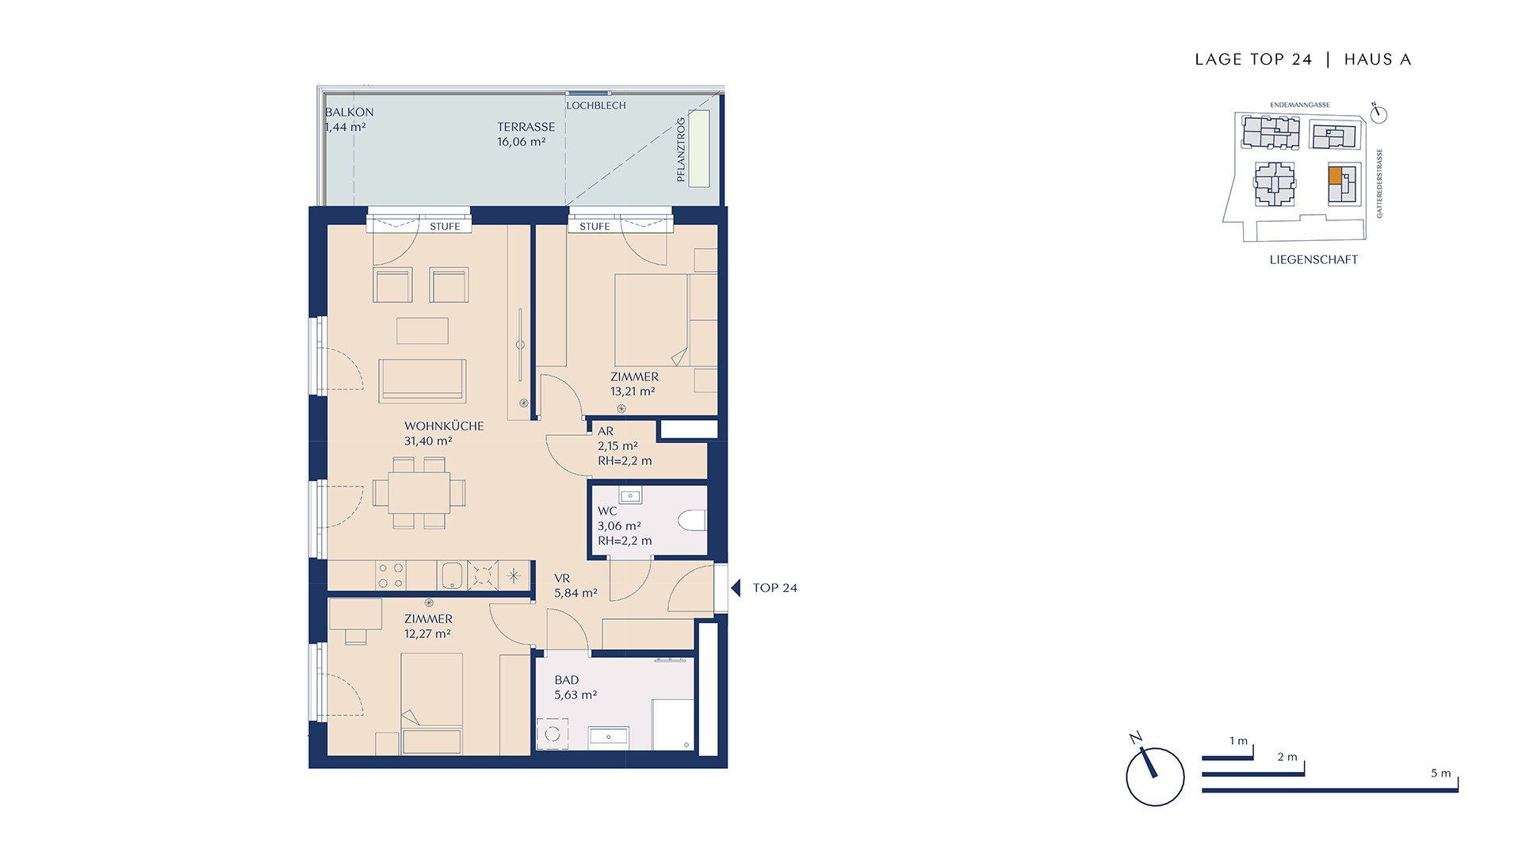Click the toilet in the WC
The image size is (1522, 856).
(693, 521)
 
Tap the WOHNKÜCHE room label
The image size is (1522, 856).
(444, 426)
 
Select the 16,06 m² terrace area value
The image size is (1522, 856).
(522, 142)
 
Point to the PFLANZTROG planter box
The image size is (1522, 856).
(699, 149)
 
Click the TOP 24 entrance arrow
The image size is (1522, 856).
(735, 588)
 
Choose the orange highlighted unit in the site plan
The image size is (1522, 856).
(1336, 175)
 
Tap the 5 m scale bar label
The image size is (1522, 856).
(1440, 773)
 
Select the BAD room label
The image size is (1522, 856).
(567, 680)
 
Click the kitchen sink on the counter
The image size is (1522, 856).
(452, 576)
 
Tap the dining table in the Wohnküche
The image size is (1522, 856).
(419, 493)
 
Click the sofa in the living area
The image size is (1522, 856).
(423, 380)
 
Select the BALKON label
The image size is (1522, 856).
(350, 112)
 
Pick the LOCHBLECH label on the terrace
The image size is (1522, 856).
(596, 105)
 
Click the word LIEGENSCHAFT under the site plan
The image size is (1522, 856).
(1314, 260)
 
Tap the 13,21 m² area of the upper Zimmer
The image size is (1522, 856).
(633, 392)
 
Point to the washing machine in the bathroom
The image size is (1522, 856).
(553, 734)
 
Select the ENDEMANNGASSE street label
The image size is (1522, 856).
(1300, 105)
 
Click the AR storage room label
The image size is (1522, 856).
(606, 431)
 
